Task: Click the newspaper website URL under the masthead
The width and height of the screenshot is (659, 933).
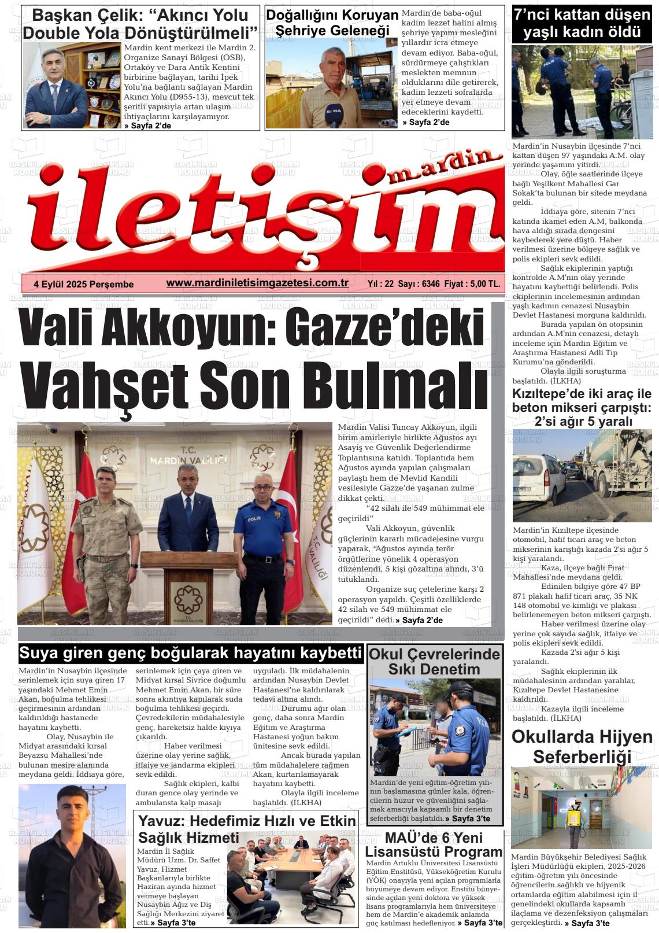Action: [257, 283]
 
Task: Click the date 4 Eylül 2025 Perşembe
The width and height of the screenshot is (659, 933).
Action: [84, 284]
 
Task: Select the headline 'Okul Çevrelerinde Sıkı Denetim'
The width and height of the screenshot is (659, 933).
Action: [434, 662]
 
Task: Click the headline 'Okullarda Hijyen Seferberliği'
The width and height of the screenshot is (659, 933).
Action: [582, 747]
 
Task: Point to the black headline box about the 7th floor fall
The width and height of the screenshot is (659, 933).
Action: [582, 24]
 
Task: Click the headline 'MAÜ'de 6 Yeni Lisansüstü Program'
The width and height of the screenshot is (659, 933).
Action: [434, 845]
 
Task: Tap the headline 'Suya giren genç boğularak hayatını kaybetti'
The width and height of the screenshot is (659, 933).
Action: [191, 653]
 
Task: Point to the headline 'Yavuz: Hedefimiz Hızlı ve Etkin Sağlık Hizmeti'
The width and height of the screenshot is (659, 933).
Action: [247, 829]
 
